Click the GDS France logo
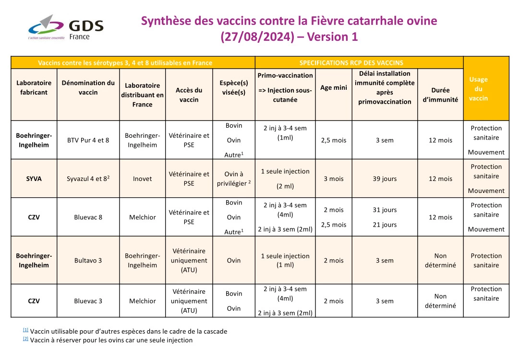(65, 27)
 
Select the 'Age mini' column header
(334, 88)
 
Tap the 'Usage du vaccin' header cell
(486, 89)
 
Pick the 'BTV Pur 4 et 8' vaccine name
(88, 140)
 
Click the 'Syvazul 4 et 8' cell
(88, 179)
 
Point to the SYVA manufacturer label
(34, 179)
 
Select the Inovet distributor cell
(142, 179)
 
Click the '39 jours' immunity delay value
(385, 179)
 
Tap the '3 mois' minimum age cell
(334, 179)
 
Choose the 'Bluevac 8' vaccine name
(88, 217)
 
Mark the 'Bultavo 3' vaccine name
(88, 261)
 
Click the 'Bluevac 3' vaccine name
(88, 301)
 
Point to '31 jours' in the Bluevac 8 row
(385, 210)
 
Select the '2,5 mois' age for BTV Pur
(334, 140)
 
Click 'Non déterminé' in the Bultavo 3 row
(440, 261)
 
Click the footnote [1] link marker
(25, 330)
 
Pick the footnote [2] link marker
(25, 339)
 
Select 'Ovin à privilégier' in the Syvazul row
(234, 179)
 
